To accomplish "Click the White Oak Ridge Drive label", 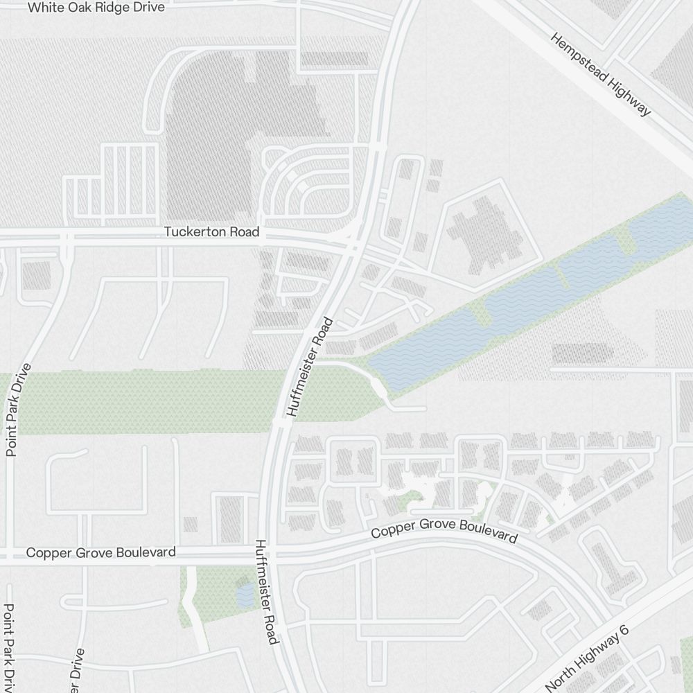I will (96, 8).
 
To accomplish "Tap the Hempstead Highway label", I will (601, 73).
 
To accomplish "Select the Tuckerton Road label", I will (211, 231).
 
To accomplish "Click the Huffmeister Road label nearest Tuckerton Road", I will (310, 367).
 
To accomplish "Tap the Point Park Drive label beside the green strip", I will (18, 410).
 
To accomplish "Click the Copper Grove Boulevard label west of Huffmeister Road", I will (100, 552).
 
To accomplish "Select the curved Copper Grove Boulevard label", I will (444, 530).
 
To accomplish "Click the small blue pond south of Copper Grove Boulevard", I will (245, 595).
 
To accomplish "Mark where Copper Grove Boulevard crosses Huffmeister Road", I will (271, 553).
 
